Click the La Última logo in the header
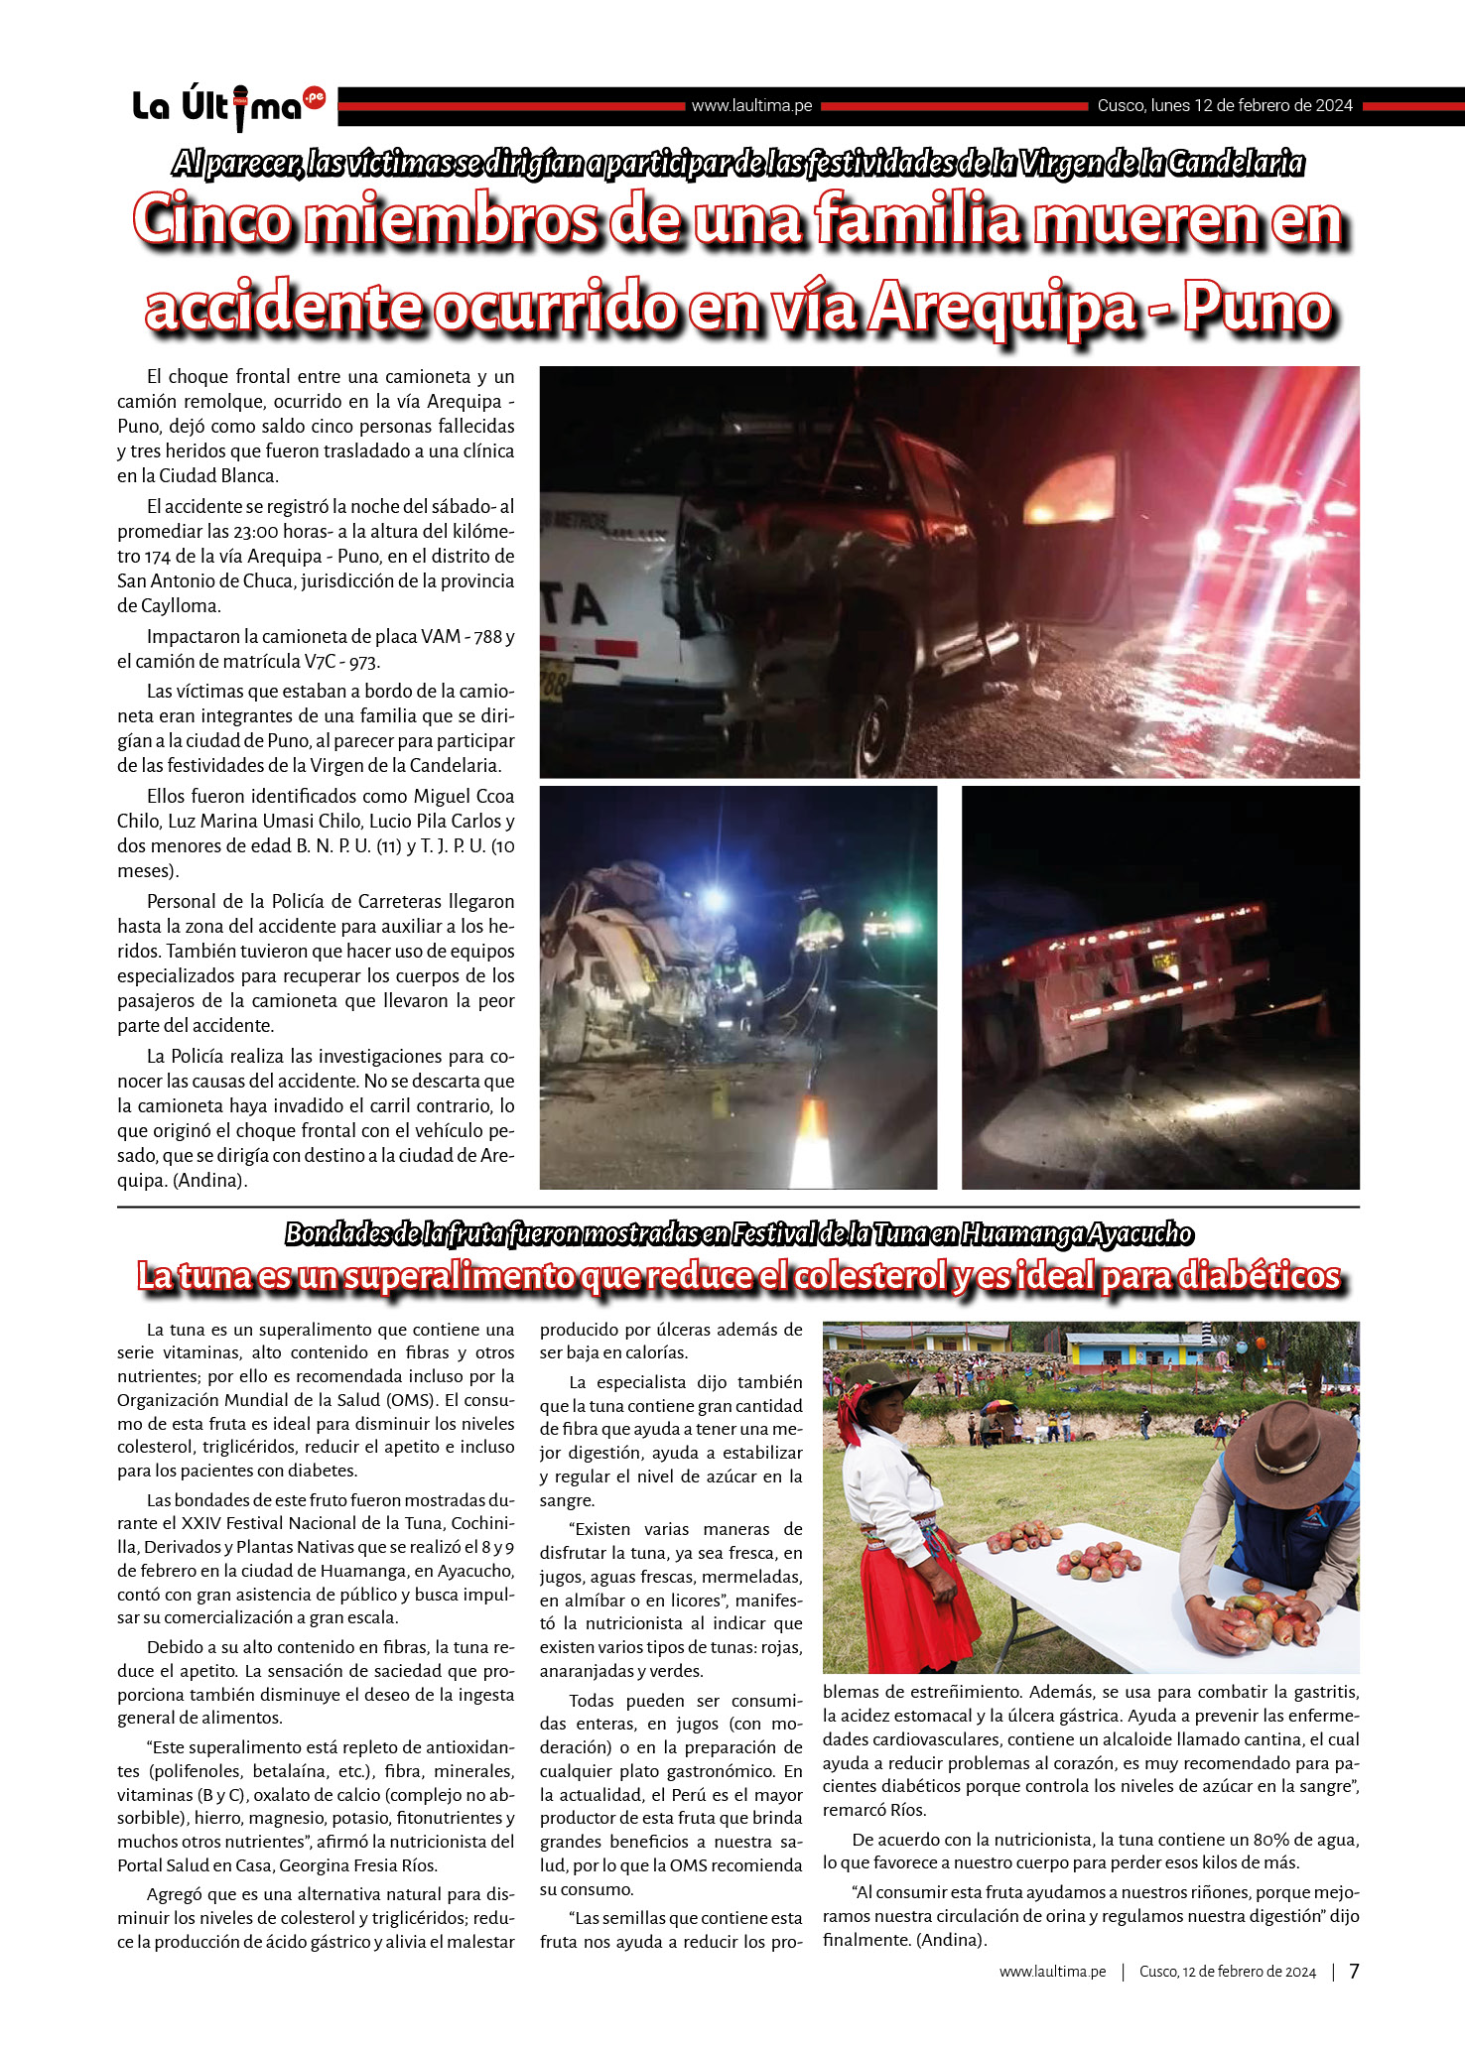coord(228,105)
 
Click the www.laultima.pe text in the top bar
coord(751,106)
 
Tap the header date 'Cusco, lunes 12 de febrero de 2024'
coord(1225,106)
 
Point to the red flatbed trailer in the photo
coord(1122,972)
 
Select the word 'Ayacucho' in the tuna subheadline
coord(1139,1234)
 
